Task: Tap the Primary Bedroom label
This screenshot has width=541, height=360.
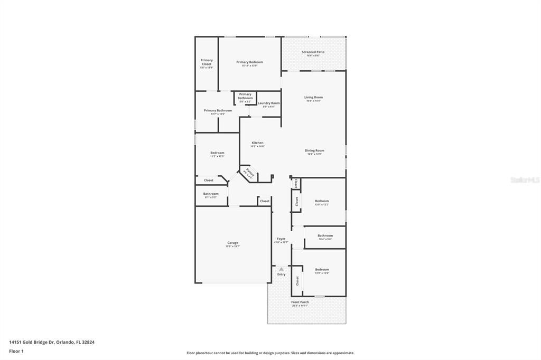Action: (249, 62)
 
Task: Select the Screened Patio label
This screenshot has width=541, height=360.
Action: (313, 52)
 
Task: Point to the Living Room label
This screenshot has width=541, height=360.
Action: (313, 97)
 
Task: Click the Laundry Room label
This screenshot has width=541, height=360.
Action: (269, 103)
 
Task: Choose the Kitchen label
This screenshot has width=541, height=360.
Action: (257, 143)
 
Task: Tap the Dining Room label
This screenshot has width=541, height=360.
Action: (314, 150)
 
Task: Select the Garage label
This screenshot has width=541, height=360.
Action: (233, 243)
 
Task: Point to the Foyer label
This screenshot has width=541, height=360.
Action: (281, 239)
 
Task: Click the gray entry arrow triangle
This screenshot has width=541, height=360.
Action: (281, 269)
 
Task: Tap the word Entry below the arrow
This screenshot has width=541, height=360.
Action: (281, 274)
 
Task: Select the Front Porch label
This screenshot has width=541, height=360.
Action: (300, 302)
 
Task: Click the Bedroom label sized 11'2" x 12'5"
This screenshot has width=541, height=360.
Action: (217, 153)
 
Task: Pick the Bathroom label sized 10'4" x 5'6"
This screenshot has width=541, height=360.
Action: (325, 235)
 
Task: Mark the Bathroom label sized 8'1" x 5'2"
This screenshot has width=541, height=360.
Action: (211, 193)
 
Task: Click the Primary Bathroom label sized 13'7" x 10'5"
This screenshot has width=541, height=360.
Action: (218, 110)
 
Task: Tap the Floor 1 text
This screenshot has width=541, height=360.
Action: (16, 350)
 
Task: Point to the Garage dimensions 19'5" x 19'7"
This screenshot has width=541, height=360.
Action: (233, 247)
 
